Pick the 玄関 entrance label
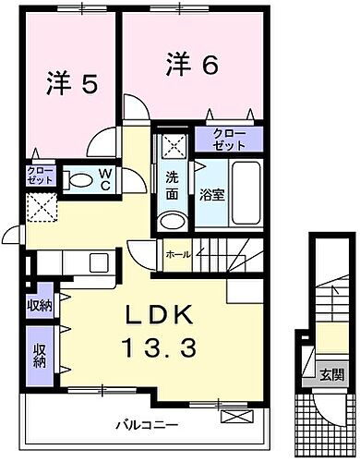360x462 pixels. [333, 375]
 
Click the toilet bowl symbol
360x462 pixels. [80, 180]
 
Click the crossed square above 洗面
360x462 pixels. [173, 147]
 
